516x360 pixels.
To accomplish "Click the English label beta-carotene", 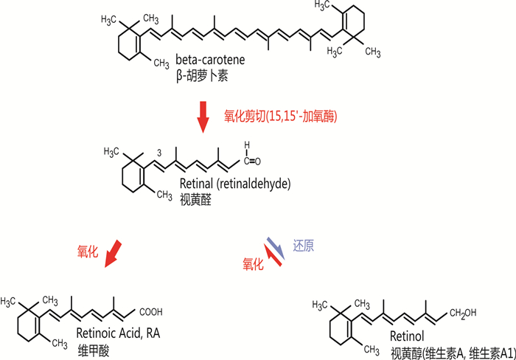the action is (x=210, y=60).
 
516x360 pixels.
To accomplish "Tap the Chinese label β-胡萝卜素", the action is (x=202, y=76).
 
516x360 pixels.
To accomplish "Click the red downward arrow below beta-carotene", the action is (x=203, y=117).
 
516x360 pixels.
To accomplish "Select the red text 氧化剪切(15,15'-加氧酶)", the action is (x=281, y=117).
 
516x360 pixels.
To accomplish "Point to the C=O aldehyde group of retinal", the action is (x=252, y=161).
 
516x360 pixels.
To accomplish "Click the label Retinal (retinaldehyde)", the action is (x=235, y=184).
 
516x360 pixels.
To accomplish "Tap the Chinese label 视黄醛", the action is (x=195, y=200).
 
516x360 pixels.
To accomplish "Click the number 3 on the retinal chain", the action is (x=159, y=153).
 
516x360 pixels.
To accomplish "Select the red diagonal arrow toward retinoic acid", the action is (x=113, y=254).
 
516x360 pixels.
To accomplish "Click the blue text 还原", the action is (x=304, y=246).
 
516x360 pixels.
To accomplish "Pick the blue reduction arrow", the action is (x=276, y=249).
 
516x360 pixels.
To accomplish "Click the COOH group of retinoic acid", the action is (x=151, y=312).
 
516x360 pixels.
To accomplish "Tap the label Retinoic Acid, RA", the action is (x=118, y=333).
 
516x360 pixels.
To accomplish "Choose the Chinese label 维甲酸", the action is (x=94, y=350).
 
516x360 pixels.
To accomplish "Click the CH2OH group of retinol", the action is (x=463, y=314).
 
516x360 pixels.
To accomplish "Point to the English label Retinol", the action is (x=407, y=336).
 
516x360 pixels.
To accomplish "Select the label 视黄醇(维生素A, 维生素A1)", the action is (x=453, y=353).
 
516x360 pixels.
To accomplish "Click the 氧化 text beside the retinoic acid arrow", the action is (x=88, y=252).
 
